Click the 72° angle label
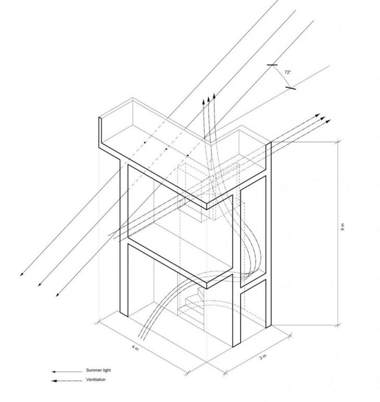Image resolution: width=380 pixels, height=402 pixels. click(x=288, y=72)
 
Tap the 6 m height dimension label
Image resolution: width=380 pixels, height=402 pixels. click(x=343, y=227)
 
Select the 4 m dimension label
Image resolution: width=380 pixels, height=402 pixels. click(x=135, y=348)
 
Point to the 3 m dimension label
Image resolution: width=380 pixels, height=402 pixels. click(x=263, y=357)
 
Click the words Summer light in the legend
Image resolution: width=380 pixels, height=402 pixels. click(x=98, y=370)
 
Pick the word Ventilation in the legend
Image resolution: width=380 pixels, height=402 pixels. click(x=96, y=380)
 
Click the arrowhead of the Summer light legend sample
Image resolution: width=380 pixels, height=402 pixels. click(x=54, y=372)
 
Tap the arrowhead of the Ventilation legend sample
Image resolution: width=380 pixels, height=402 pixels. click(x=54, y=381)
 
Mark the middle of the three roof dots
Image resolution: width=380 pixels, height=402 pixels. click(x=166, y=149)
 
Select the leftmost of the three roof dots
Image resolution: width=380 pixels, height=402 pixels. click(x=145, y=142)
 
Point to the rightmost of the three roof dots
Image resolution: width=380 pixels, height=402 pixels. click(x=188, y=155)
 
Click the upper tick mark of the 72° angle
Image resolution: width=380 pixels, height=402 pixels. click(x=272, y=65)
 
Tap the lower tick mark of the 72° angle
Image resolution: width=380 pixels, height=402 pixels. click(x=290, y=88)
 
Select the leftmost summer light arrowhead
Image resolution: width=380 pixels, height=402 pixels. click(x=21, y=274)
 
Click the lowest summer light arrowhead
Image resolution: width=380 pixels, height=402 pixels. click(x=57, y=295)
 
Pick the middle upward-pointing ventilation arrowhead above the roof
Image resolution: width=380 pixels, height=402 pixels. click(x=209, y=99)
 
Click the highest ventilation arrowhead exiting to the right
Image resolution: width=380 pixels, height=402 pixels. click(x=318, y=115)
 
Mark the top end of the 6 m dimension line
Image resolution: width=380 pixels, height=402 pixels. click(x=339, y=141)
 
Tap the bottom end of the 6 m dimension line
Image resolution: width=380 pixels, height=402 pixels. click(x=338, y=325)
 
